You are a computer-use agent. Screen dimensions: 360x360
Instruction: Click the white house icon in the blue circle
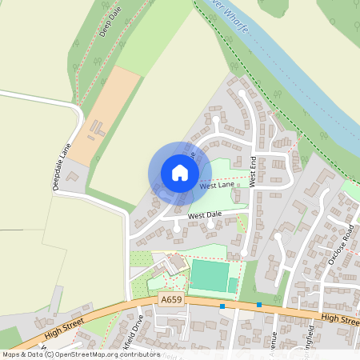180,172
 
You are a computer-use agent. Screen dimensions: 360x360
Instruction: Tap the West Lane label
216,186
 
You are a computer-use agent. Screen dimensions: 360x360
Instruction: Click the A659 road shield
170,299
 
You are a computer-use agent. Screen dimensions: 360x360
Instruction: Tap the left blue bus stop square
222,305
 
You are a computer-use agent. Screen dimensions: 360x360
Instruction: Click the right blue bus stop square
259,305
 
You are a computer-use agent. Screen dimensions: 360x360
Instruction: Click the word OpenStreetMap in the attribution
86,354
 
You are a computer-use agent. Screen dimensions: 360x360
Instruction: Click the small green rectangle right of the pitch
233,285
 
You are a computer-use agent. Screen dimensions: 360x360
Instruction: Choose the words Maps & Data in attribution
22,354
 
